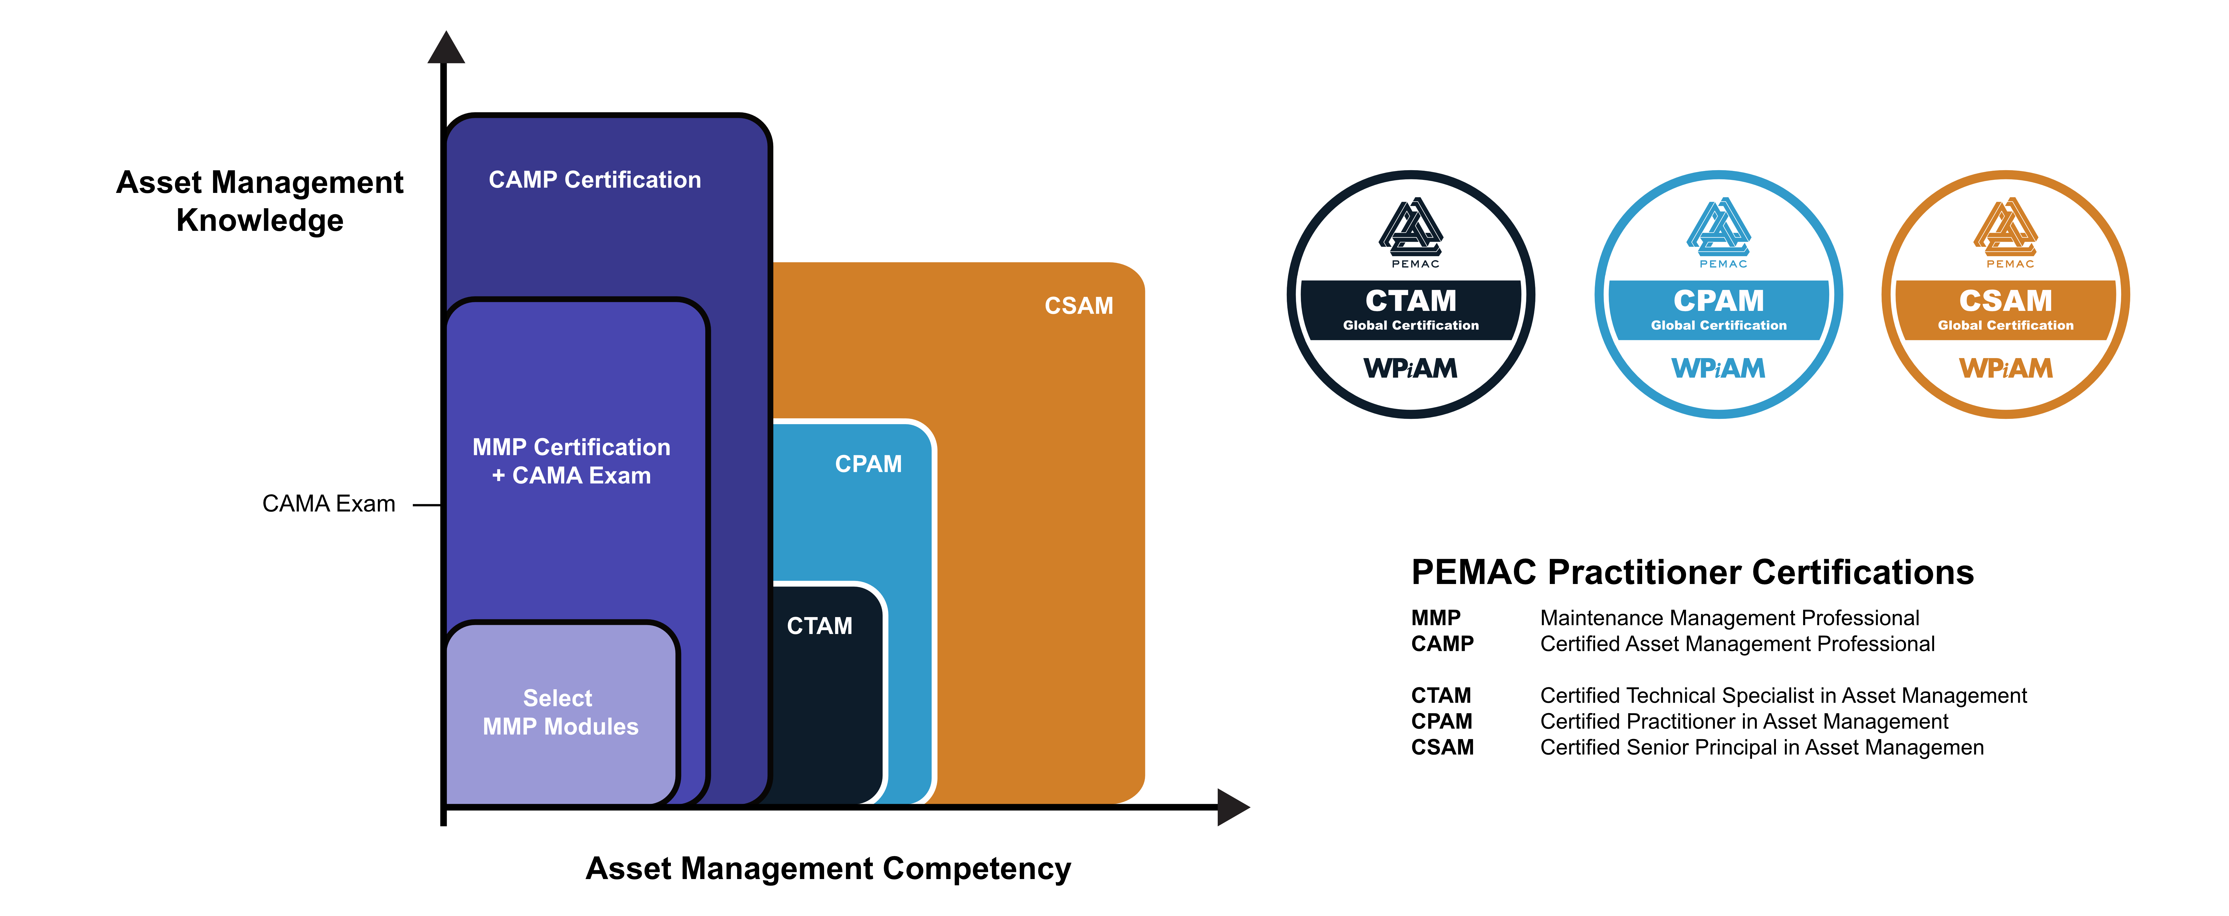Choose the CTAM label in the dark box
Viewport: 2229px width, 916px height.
tap(819, 626)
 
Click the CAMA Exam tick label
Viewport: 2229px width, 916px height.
tap(329, 504)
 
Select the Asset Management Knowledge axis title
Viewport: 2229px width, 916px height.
tap(260, 201)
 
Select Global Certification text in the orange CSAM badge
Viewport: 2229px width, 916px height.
tap(2006, 326)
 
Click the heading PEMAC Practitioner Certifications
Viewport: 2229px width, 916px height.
tap(1692, 572)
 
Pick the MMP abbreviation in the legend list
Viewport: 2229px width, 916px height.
tap(1436, 618)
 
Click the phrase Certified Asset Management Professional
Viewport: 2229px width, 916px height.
tap(1738, 644)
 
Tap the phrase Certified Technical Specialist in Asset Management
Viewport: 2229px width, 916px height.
tap(1783, 696)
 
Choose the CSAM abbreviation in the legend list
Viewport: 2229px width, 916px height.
tap(1442, 747)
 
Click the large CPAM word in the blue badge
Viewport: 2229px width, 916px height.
tap(1718, 300)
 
